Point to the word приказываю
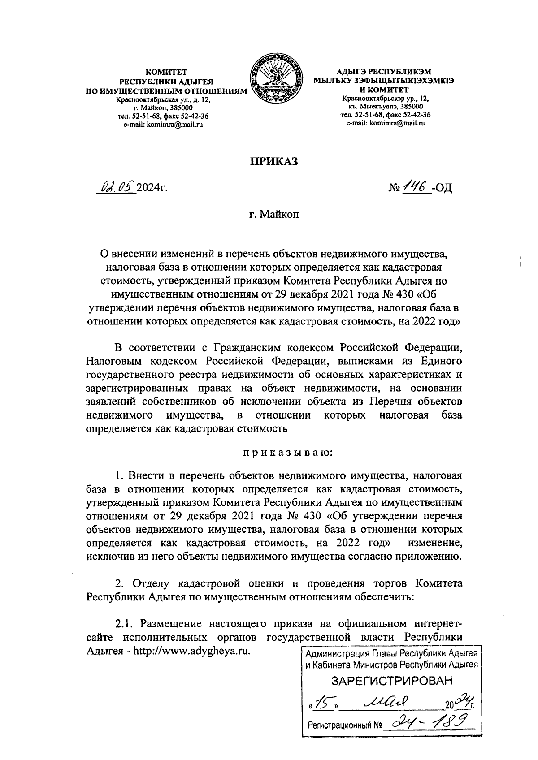(287, 452)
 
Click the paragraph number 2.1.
(126, 624)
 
